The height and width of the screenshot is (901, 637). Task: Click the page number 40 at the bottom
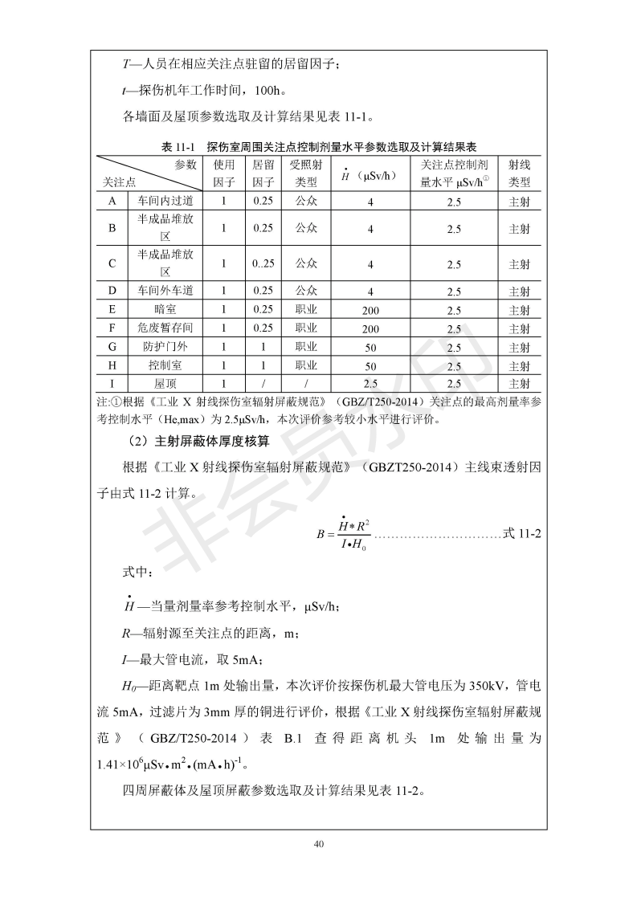(x=319, y=843)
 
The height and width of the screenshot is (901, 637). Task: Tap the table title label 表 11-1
(x=178, y=147)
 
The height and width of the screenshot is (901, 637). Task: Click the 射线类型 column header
(x=520, y=173)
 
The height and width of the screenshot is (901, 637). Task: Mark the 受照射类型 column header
(x=306, y=173)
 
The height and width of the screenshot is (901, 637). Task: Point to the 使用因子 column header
(x=224, y=173)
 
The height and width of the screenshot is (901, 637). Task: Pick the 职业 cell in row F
(x=306, y=328)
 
